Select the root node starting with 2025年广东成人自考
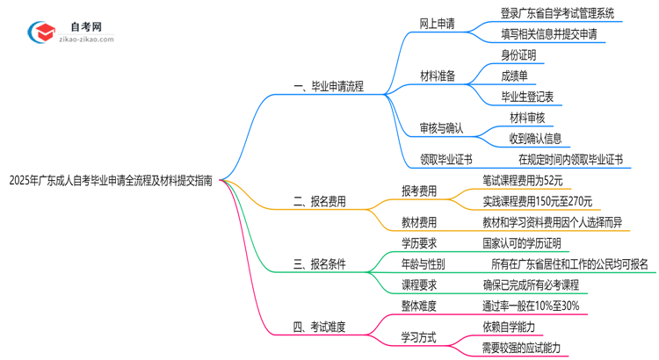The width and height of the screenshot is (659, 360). click(110, 181)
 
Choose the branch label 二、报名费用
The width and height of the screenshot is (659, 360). click(320, 201)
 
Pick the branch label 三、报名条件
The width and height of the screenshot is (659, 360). click(320, 264)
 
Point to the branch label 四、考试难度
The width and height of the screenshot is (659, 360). click(320, 327)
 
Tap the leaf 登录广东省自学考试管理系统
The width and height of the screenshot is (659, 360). click(557, 13)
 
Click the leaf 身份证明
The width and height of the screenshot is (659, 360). click(518, 54)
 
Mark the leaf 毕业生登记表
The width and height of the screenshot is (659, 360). click(527, 96)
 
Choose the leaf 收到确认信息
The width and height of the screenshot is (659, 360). click(536, 138)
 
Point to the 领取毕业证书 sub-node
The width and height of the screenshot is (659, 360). click(447, 159)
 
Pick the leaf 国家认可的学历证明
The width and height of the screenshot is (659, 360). click(521, 243)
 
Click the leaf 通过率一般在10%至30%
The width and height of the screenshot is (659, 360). click(530, 306)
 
